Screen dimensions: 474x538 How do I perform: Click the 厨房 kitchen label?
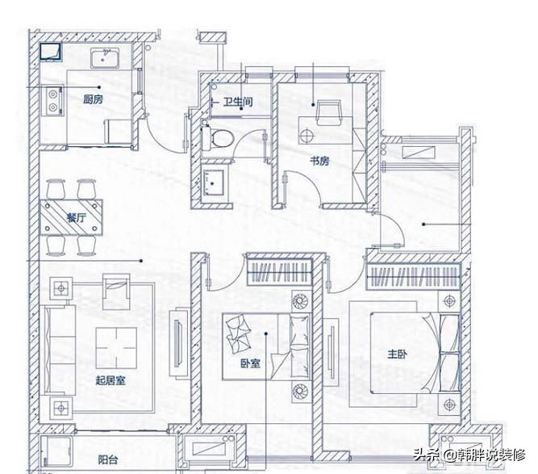pyautogui.click(x=94, y=101)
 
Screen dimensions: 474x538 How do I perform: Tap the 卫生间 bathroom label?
pyautogui.click(x=239, y=103)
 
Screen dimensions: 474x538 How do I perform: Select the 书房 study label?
pyautogui.click(x=320, y=161)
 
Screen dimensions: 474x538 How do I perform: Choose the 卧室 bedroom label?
pyautogui.click(x=249, y=363)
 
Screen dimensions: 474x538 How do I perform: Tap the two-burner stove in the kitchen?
pyautogui.click(x=52, y=99)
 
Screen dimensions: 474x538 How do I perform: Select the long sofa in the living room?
pyautogui.click(x=56, y=347)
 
